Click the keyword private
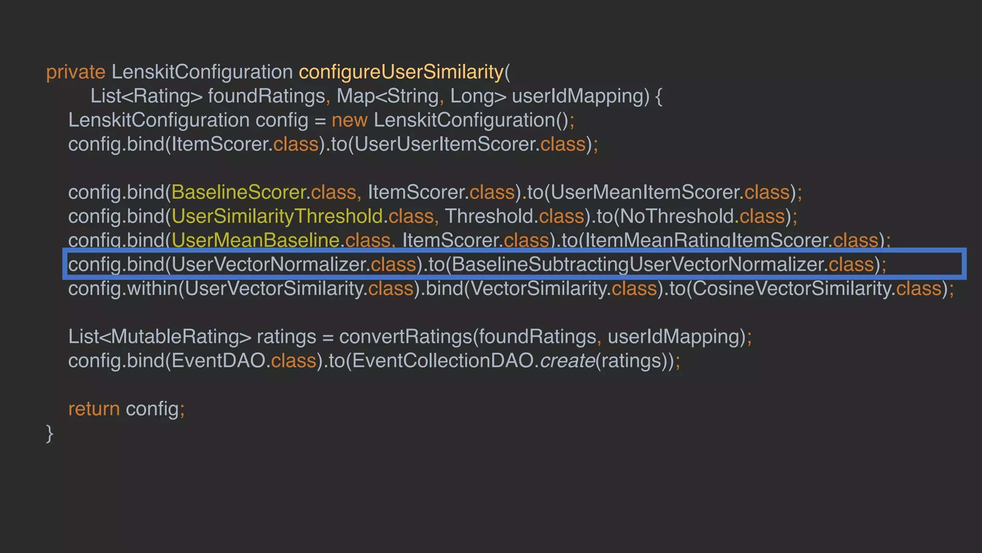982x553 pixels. click(x=75, y=72)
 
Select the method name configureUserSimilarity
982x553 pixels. click(x=401, y=72)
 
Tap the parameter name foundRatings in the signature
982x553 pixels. click(x=267, y=96)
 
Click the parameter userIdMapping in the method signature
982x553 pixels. click(x=580, y=96)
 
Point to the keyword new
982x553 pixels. click(x=350, y=120)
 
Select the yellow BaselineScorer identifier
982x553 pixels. click(x=238, y=192)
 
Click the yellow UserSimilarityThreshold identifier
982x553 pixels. click(x=277, y=216)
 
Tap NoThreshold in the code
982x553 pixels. click(x=677, y=216)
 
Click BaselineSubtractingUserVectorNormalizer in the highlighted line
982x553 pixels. click(x=637, y=264)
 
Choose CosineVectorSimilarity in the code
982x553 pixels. click(x=791, y=289)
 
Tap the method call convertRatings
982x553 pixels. click(x=405, y=337)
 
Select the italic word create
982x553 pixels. click(x=567, y=361)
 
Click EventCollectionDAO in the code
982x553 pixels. click(x=443, y=361)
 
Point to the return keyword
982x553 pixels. click(x=94, y=409)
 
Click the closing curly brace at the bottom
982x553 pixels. click(x=49, y=433)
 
